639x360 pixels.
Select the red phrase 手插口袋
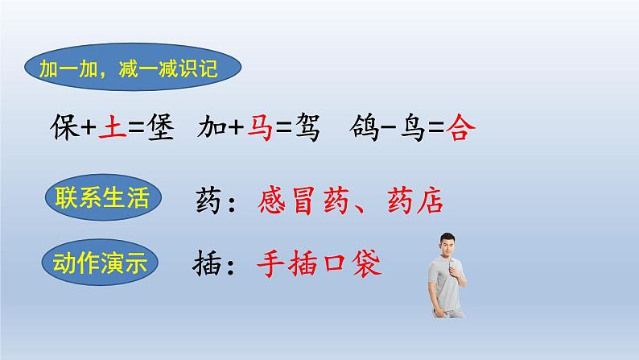pyautogui.click(x=319, y=262)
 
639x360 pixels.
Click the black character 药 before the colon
pyautogui.click(x=212, y=200)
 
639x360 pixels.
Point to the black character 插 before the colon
pyautogui.click(x=212, y=262)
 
